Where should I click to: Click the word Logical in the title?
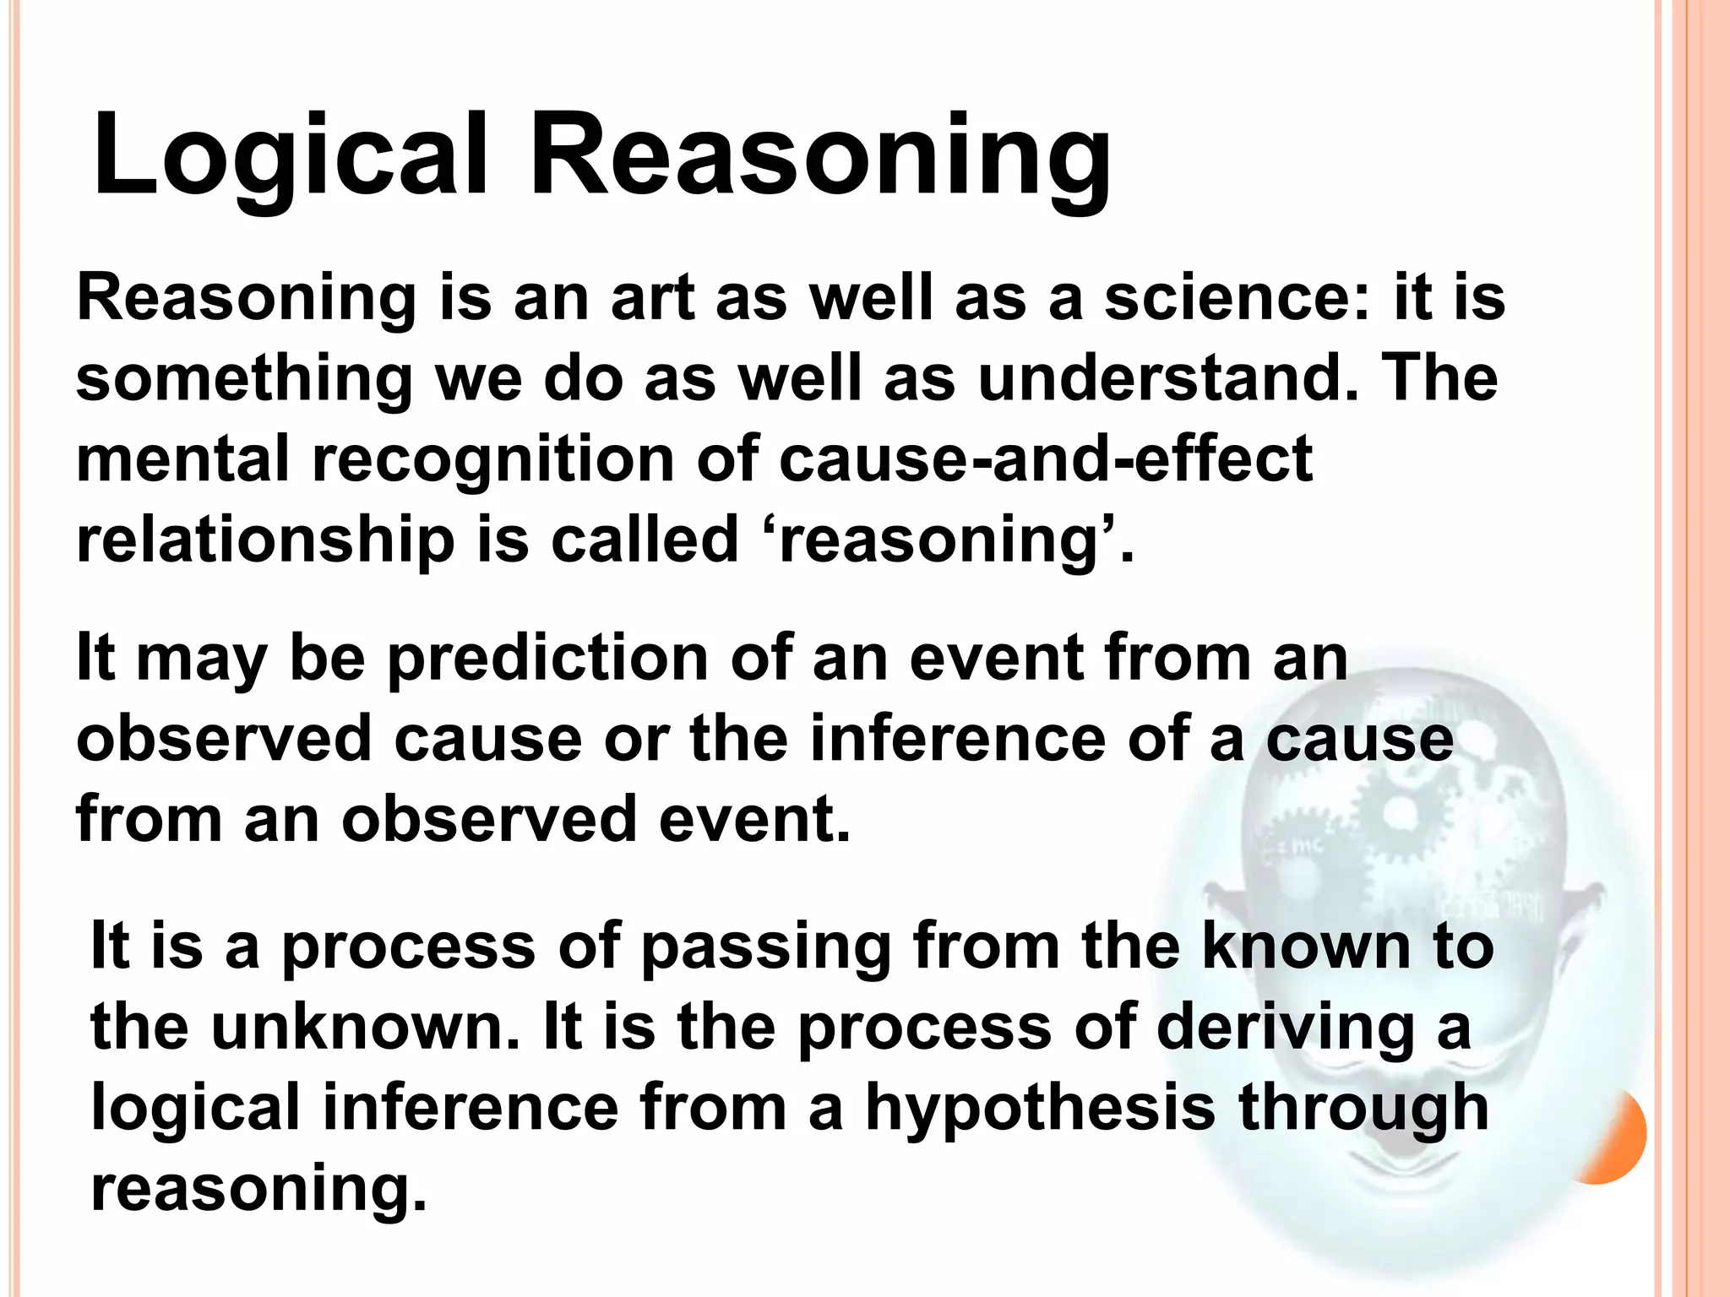click(291, 156)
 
